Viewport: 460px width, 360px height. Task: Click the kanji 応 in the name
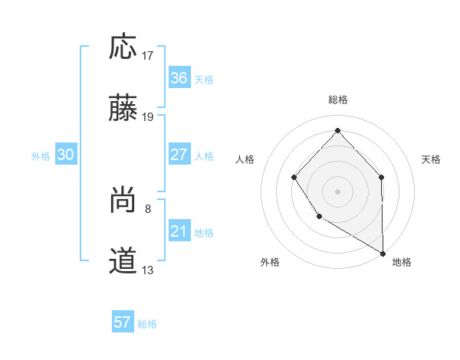click(x=123, y=47)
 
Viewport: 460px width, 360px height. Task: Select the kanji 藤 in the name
click(x=123, y=110)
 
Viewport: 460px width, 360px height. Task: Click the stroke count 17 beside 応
click(x=148, y=55)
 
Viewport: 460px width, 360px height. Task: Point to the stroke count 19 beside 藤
click(x=148, y=117)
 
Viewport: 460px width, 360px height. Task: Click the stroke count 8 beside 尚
click(x=148, y=208)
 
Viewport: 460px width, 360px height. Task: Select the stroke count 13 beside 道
click(x=148, y=270)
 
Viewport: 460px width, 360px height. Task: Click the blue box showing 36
click(x=179, y=78)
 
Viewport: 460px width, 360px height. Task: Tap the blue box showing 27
click(x=179, y=154)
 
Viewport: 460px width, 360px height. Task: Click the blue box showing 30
click(x=66, y=155)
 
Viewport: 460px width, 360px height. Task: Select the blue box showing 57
click(x=123, y=322)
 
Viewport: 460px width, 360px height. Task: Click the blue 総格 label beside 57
click(x=147, y=323)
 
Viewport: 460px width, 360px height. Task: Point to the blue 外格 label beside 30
click(x=41, y=155)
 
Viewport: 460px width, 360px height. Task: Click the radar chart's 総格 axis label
click(x=337, y=100)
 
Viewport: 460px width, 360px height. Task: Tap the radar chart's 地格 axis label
click(x=402, y=262)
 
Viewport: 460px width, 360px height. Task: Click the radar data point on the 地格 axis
click(x=383, y=253)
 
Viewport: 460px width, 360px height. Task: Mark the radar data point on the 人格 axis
click(x=294, y=178)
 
